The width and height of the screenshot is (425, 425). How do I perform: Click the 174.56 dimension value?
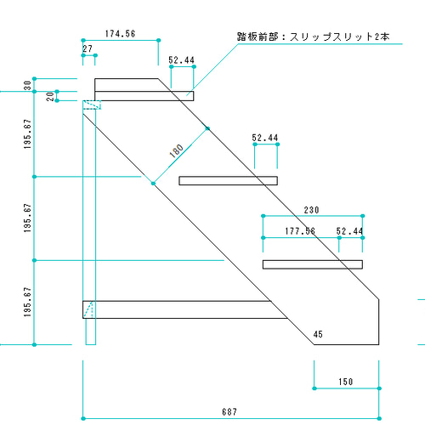point(121,34)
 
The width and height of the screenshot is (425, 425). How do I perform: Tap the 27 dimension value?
point(88,49)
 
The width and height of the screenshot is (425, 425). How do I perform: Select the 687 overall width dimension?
point(229,411)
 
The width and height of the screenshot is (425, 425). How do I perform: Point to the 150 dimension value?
point(345,382)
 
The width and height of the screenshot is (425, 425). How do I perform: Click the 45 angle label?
point(318,334)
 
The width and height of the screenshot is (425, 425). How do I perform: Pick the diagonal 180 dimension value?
point(177,151)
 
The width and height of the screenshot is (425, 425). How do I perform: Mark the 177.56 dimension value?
point(299,230)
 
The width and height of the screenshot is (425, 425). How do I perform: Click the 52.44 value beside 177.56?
point(349,230)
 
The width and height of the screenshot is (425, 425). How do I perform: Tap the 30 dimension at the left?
point(27,85)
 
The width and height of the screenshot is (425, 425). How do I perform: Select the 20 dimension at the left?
point(49,96)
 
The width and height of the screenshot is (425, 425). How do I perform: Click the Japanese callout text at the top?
point(314,37)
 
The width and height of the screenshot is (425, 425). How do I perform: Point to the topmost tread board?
point(143,96)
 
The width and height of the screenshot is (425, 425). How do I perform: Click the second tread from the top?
point(228,179)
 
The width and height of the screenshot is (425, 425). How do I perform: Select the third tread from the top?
point(313,264)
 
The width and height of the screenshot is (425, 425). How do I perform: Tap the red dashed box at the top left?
point(92,105)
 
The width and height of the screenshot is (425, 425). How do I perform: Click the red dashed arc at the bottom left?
point(91,308)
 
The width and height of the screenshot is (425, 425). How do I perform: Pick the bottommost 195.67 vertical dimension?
point(27,302)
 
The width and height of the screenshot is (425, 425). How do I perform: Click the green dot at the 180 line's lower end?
point(153,183)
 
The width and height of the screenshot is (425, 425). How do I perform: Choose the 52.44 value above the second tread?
point(265,137)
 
